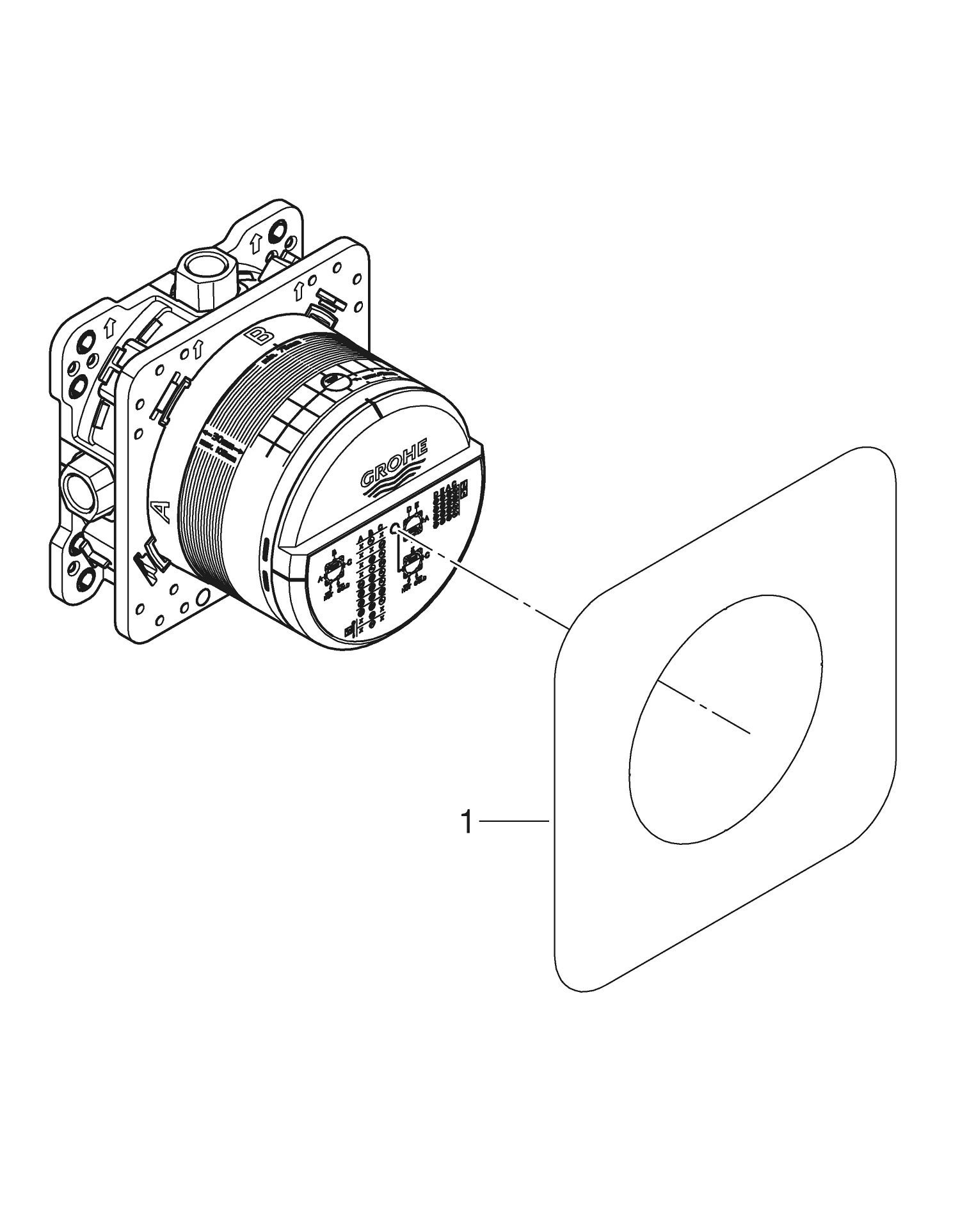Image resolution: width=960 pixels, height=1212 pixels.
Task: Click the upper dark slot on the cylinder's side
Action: tap(265, 548)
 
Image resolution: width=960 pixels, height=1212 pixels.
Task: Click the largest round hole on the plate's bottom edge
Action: tap(204, 597)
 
